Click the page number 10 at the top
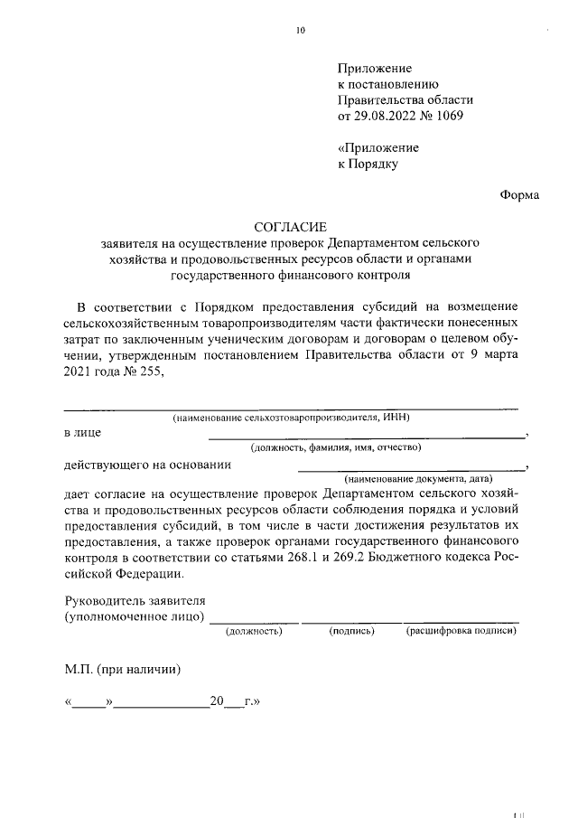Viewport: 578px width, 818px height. pos(301,30)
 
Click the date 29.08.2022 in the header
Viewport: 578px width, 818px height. pos(383,117)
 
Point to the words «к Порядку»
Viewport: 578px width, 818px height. pos(368,164)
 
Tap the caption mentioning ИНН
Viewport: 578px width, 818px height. pos(292,417)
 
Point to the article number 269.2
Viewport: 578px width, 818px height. pos(372,558)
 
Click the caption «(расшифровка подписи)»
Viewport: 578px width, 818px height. pos(461,631)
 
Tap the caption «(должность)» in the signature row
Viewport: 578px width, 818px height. pos(254,631)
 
